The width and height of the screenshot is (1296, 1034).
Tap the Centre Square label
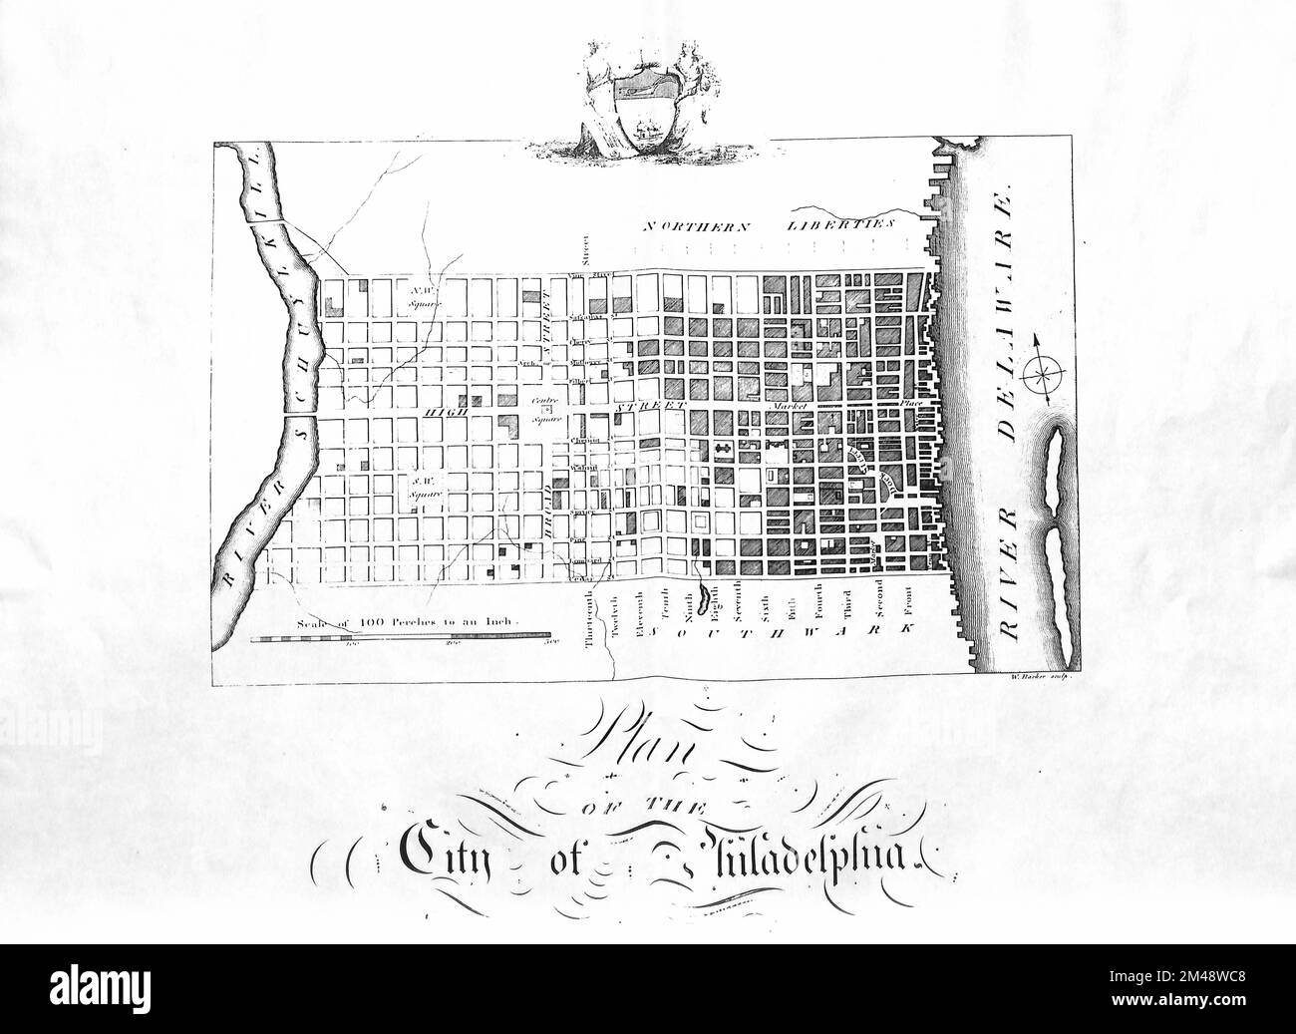point(544,412)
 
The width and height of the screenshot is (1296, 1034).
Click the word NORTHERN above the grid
point(696,226)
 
